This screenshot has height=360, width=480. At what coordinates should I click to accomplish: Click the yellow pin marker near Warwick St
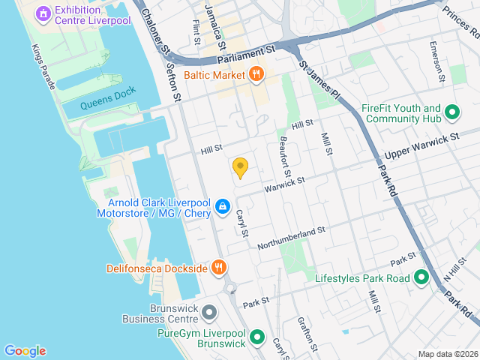pos(240,167)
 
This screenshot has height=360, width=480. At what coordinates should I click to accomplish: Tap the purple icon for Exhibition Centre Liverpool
pos(43,13)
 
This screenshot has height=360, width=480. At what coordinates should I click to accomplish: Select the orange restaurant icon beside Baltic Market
pos(256,74)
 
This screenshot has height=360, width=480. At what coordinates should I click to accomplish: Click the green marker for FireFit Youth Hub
pos(452,113)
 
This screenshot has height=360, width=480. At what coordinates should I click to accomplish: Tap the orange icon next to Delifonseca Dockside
pos(218,267)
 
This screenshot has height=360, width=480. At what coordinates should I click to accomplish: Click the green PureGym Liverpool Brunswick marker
pos(257,337)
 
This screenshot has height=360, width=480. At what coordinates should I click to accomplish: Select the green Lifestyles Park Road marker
pos(421,278)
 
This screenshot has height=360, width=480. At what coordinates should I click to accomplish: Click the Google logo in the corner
pos(25,350)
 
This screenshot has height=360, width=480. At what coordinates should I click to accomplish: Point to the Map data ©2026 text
pos(447,354)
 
